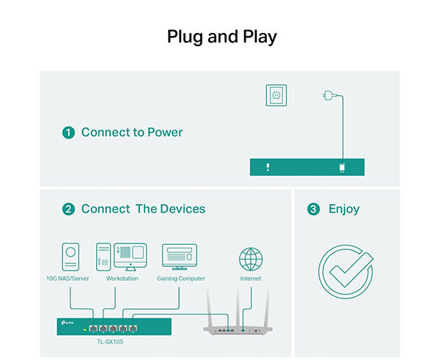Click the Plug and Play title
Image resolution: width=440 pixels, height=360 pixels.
click(221, 37)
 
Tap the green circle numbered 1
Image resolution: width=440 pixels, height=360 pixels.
click(69, 133)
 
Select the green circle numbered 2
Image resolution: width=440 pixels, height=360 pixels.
click(69, 209)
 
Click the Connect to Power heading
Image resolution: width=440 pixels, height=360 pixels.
click(132, 133)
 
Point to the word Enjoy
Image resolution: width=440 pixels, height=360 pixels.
click(344, 209)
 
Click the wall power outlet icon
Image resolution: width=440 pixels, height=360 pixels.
click(276, 95)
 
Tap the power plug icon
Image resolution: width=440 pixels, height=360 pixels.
click(327, 95)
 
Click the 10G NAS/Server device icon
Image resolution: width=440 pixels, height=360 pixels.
click(70, 257)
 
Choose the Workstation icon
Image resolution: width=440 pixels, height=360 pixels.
click(121, 257)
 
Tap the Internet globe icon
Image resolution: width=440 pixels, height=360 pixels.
click(251, 260)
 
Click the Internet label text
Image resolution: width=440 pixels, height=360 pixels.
click(250, 279)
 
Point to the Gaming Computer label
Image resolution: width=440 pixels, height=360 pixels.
click(181, 279)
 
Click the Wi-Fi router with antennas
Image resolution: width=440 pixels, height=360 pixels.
click(237, 323)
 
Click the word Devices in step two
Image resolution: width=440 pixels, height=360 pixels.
click(181, 209)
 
